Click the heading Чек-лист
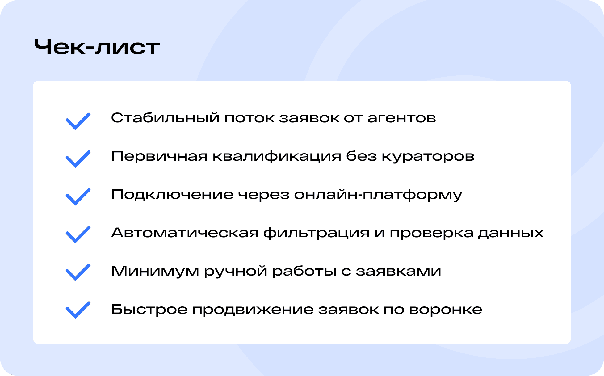tap(97, 47)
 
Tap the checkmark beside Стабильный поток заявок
tap(78, 121)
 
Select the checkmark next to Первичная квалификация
tap(78, 159)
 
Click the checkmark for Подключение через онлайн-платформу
tap(78, 197)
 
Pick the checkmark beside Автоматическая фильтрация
tap(78, 234)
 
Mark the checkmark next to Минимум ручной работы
tap(78, 272)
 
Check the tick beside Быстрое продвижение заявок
tap(78, 310)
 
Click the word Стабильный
tap(165, 118)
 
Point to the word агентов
tap(401, 118)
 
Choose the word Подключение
tap(172, 195)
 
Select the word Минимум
tap(155, 271)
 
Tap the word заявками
tap(398, 271)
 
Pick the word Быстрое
tap(149, 310)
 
